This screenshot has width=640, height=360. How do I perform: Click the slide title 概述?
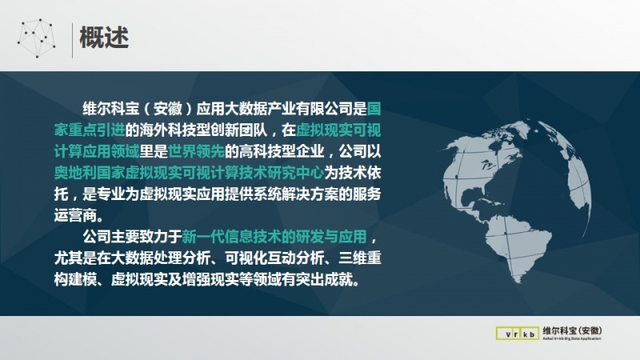(104, 37)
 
